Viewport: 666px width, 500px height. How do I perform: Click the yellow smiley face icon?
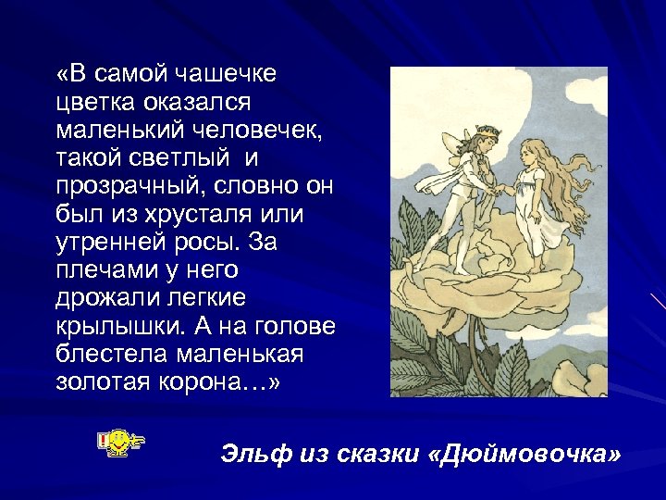click(x=118, y=443)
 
